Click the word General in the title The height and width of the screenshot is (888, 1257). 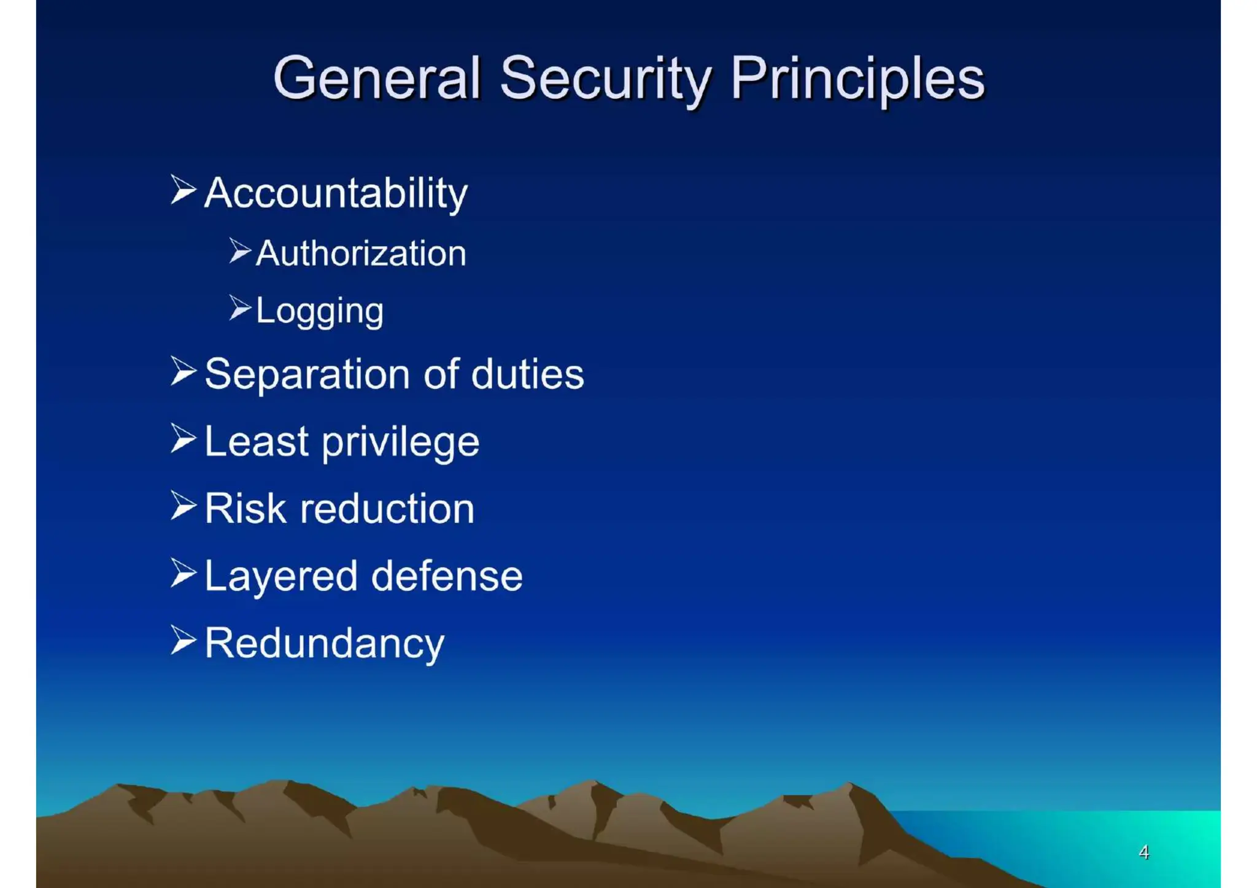click(376, 79)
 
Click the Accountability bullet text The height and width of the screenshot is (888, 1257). click(336, 193)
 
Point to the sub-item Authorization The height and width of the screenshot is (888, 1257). click(361, 253)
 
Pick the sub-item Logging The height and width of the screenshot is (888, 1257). click(320, 311)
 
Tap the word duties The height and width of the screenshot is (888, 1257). click(527, 374)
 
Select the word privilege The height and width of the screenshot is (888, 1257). click(400, 442)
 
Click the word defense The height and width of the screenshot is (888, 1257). click(447, 576)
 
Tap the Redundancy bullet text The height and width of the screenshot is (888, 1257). click(324, 644)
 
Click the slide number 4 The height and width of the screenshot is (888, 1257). click(1143, 852)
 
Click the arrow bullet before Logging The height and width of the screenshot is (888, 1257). click(240, 307)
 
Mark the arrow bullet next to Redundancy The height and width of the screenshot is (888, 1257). click(183, 641)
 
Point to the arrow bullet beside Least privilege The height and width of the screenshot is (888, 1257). click(183, 439)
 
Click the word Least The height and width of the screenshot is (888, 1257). click(256, 442)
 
